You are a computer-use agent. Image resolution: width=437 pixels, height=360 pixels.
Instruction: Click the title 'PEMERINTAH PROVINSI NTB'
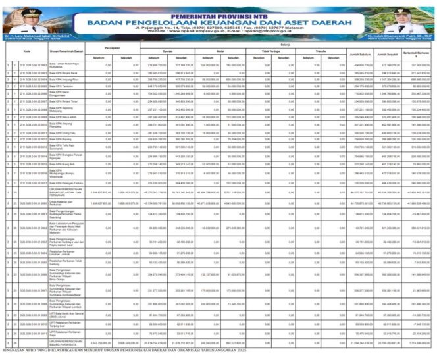217,5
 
